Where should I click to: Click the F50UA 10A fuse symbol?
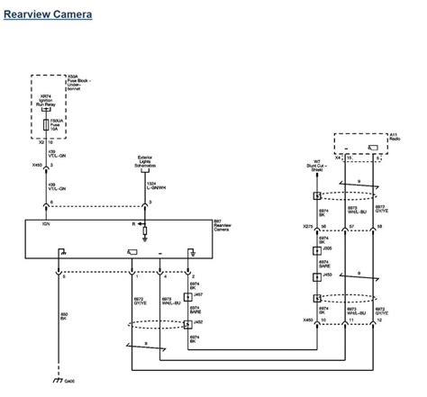pyautogui.click(x=49, y=123)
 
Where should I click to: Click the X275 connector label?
pyautogui.click(x=309, y=227)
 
